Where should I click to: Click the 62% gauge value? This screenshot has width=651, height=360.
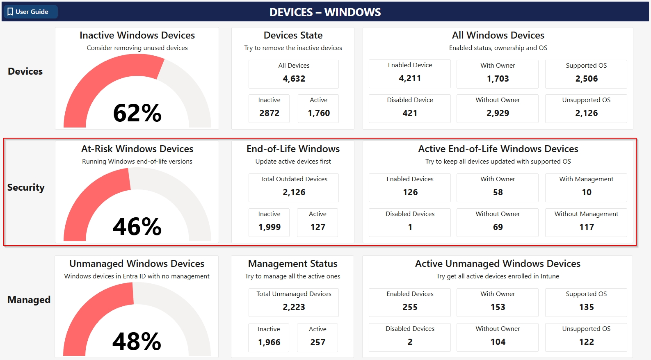coord(137,113)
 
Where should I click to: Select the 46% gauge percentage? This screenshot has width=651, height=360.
coord(137,227)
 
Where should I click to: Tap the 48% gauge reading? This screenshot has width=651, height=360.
coord(137,342)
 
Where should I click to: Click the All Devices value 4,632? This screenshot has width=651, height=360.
coord(294,79)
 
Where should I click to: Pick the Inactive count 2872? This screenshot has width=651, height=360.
coord(269,113)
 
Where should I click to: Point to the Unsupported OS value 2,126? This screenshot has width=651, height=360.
coord(586,113)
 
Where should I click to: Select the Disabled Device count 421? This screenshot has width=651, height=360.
coord(410,113)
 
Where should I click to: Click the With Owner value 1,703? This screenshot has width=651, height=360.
coord(498,79)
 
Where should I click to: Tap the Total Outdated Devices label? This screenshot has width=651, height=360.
coord(294,179)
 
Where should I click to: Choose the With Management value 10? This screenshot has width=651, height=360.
coord(586,192)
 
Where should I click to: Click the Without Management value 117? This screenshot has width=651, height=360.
coord(586,227)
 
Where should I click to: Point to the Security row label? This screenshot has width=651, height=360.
coord(26,187)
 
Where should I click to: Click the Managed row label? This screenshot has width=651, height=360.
coord(29,300)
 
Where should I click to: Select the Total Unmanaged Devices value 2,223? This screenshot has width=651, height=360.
coord(294,307)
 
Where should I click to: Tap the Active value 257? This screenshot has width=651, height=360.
coord(318,342)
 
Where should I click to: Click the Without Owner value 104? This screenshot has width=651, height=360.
coord(498,342)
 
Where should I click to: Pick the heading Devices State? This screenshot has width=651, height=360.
coord(293,35)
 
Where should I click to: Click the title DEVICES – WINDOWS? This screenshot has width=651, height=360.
coord(325,12)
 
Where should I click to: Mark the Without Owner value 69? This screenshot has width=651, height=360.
coord(498,227)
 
